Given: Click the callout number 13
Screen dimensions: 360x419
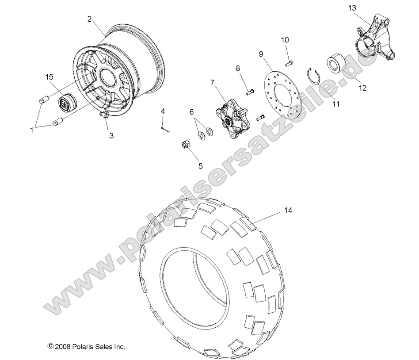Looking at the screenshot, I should [x=364, y=8].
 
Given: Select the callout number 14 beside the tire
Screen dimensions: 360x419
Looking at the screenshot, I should [x=287, y=211].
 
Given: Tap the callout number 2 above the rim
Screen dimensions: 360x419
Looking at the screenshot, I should [x=89, y=19].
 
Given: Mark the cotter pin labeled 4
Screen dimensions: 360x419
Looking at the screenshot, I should [x=165, y=129].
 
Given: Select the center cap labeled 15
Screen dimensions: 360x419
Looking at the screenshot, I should [x=68, y=105].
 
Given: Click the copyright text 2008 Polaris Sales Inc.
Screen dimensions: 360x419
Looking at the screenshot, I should [x=87, y=347].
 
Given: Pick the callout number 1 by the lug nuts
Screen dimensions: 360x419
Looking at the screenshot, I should [x=31, y=130].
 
